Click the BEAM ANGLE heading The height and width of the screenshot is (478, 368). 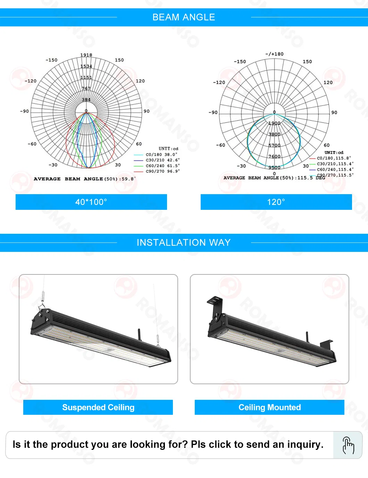[x=184, y=17]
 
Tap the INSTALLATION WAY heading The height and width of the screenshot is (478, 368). [x=184, y=242]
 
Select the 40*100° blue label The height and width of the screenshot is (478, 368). [x=91, y=202]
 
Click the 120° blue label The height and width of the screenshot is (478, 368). [x=276, y=202]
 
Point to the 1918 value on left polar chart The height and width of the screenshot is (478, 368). [x=86, y=55]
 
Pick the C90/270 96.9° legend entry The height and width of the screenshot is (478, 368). [x=162, y=171]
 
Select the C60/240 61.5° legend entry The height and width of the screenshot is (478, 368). [x=162, y=166]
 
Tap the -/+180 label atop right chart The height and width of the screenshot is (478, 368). [x=274, y=54]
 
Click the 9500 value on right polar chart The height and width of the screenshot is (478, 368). [x=274, y=167]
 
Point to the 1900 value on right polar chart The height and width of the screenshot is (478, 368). [x=274, y=123]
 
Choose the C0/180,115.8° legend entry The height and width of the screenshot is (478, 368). [x=333, y=158]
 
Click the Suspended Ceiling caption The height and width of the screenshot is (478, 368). [x=98, y=407]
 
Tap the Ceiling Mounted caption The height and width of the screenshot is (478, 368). [x=269, y=407]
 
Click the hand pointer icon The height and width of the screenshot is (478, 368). [x=348, y=445]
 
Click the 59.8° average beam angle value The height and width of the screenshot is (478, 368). [x=128, y=179]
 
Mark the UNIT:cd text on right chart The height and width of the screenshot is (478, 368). [x=334, y=153]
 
